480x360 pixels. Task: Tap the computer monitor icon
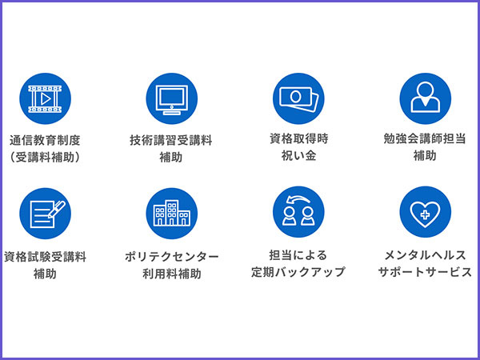click(x=171, y=99)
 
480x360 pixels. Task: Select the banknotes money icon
click(x=298, y=99)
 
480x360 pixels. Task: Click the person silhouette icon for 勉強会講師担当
click(x=425, y=99)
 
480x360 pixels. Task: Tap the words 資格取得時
click(x=298, y=138)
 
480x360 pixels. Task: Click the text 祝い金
click(x=298, y=156)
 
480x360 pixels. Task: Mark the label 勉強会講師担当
click(x=425, y=138)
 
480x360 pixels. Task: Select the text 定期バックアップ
click(x=298, y=273)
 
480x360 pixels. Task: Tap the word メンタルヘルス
click(x=425, y=255)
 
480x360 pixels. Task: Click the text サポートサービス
click(x=425, y=273)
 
